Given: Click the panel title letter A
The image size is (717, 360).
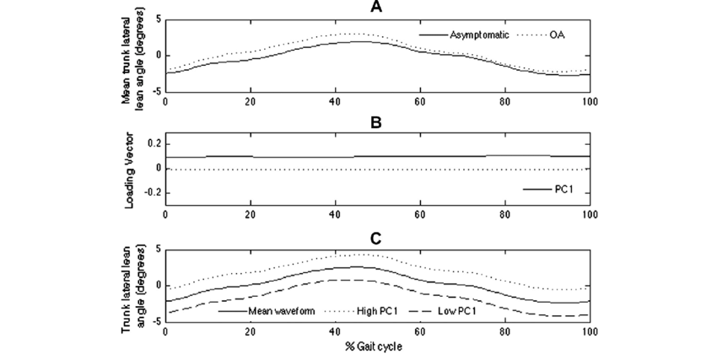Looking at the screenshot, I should coord(377,7).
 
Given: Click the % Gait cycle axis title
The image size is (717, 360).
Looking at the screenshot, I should coord(377,347).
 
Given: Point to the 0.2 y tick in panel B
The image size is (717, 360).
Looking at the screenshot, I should coord(152,144).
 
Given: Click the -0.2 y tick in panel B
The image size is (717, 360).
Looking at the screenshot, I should coord(150,192).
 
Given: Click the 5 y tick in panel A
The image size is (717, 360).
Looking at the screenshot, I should coord(156,18).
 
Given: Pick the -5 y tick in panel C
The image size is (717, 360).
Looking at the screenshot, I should coord(154,323).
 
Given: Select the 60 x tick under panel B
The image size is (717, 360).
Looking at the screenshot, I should coord(419,215).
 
